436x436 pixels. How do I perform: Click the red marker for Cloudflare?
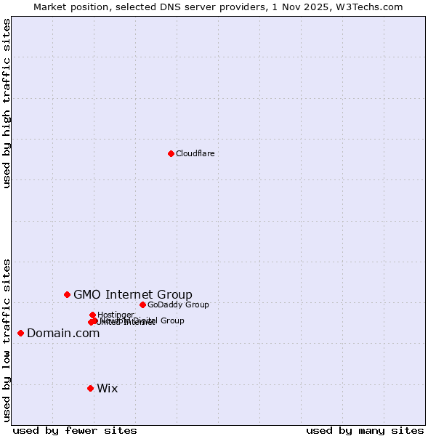pyautogui.click(x=171, y=153)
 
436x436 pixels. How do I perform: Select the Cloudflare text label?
pyautogui.click(x=195, y=153)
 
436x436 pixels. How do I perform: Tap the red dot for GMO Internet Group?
pyautogui.click(x=67, y=294)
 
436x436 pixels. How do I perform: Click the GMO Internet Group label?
pyautogui.click(x=133, y=294)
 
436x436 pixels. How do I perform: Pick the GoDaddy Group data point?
pyautogui.click(x=142, y=304)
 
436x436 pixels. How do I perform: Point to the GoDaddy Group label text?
pyautogui.click(x=178, y=304)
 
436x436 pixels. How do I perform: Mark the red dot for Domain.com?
pyautogui.click(x=20, y=333)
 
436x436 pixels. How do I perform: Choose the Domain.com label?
pyautogui.click(x=63, y=334)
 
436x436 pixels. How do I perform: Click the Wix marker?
pyautogui.click(x=90, y=388)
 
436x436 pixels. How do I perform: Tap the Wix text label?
pyautogui.click(x=108, y=388)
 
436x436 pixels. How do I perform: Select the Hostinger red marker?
pyautogui.click(x=92, y=315)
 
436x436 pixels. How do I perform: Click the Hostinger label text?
pyautogui.click(x=116, y=315)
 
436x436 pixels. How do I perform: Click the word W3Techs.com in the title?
pyautogui.click(x=377, y=7)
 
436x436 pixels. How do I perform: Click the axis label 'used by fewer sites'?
pyautogui.click(x=75, y=430)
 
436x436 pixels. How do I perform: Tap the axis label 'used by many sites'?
pyautogui.click(x=365, y=430)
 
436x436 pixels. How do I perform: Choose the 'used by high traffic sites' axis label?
pyautogui.click(x=7, y=103)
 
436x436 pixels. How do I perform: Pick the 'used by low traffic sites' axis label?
pyautogui.click(x=7, y=339)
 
